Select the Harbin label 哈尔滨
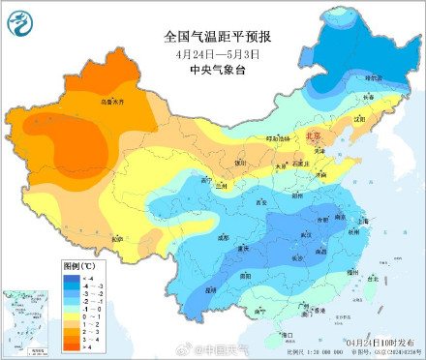[x=372, y=77]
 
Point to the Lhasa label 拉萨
[x=117, y=238]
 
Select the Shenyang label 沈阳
[x=362, y=120]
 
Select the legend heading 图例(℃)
[x=78, y=263]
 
